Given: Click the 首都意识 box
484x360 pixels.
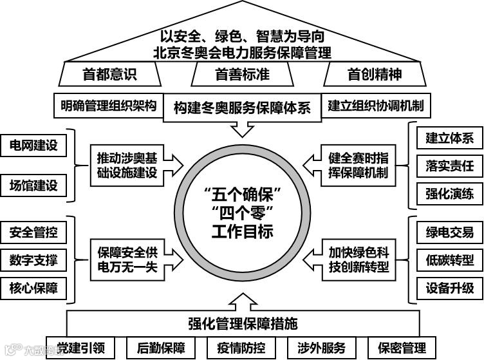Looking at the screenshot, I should click(109, 75).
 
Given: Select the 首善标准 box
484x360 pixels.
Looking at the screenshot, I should click(242, 75).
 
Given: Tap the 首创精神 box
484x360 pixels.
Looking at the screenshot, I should click(375, 75).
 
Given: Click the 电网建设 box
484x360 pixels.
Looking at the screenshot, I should click(33, 145).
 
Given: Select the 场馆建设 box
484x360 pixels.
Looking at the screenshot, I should click(33, 186).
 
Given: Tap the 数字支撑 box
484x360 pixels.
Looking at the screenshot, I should click(33, 260).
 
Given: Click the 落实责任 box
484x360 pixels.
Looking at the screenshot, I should click(449, 166).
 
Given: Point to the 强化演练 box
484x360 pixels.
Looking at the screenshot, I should click(449, 193).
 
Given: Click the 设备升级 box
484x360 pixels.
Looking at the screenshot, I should click(449, 288).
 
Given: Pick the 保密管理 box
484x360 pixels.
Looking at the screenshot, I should click(402, 348).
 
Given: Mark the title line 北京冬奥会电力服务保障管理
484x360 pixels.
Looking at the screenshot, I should click(242, 51).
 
